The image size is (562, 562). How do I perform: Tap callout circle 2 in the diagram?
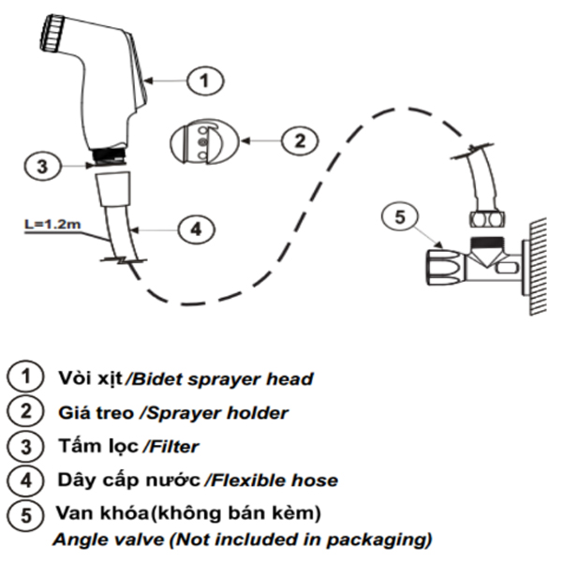click(x=298, y=141)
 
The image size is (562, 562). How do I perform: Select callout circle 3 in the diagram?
click(x=38, y=168)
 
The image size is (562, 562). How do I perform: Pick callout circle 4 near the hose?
click(x=196, y=228)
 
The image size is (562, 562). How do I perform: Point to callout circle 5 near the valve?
click(x=400, y=219)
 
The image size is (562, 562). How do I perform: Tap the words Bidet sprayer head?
click(x=220, y=378)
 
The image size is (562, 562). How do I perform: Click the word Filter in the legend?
click(x=173, y=446)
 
